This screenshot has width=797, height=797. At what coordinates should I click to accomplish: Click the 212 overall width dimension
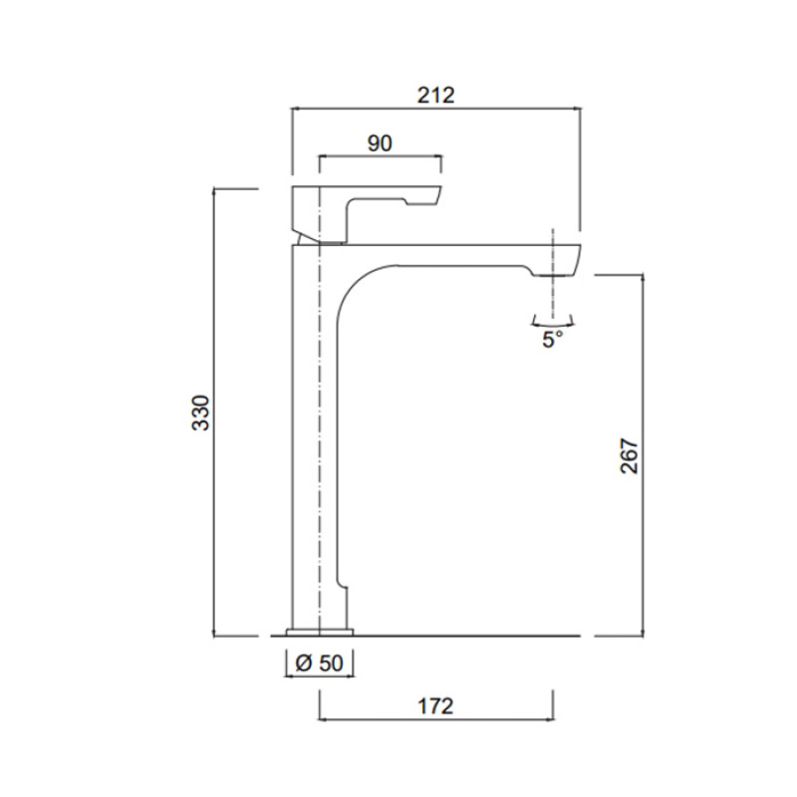tap(435, 96)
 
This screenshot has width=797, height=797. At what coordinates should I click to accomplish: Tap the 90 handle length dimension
tap(380, 143)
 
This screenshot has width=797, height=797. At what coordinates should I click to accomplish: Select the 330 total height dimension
tap(201, 412)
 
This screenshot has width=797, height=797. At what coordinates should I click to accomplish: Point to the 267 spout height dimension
tap(630, 456)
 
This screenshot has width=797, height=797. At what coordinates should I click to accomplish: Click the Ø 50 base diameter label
tap(319, 663)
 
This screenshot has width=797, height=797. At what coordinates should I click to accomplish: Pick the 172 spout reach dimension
tap(435, 706)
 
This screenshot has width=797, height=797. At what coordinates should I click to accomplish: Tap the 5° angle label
tap(553, 339)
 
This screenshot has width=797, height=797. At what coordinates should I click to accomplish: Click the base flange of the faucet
tap(320, 632)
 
